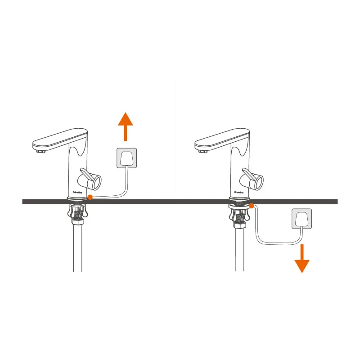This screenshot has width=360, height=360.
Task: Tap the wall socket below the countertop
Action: coord(301,219)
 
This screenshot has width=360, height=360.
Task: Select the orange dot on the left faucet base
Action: coord(90,197)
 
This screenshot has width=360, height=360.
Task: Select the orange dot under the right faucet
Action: coord(252,206)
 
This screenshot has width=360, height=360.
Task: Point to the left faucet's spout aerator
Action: coord(40,152)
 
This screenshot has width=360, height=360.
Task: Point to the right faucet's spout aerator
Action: coord(202,152)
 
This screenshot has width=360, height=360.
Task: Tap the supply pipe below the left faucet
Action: coord(78,252)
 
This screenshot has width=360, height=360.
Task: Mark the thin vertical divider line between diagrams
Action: coord(173,135)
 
